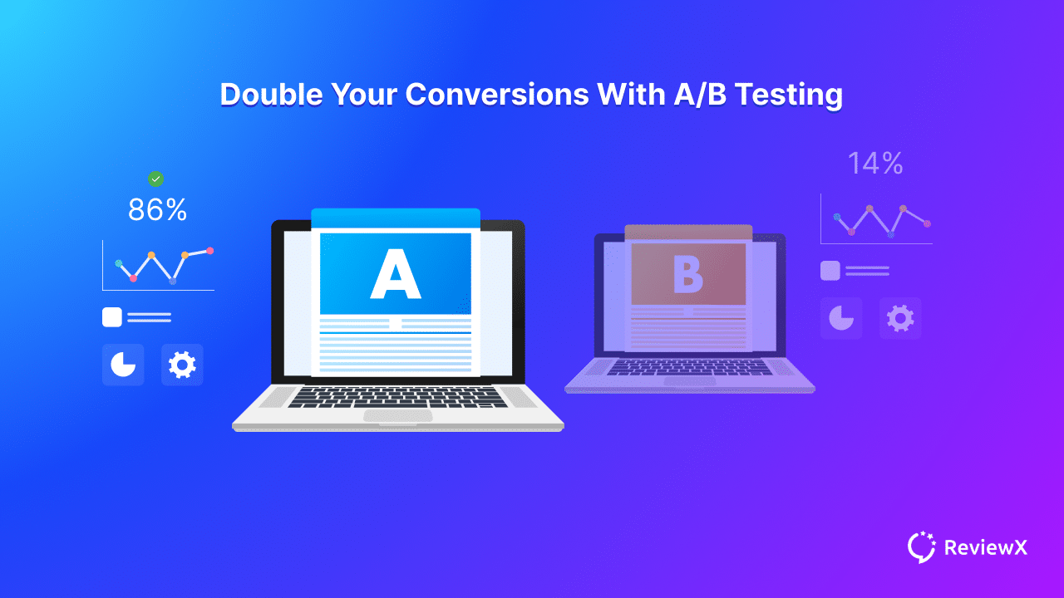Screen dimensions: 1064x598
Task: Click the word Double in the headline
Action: pyautogui.click(x=272, y=94)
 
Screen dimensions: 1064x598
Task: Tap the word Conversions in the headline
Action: pyautogui.click(x=497, y=94)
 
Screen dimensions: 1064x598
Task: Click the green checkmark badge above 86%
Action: pyautogui.click(x=155, y=179)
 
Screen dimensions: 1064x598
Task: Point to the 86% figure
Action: pyautogui.click(x=157, y=209)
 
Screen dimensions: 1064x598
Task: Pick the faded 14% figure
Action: pyautogui.click(x=875, y=164)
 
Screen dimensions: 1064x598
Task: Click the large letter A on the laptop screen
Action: pyautogui.click(x=395, y=274)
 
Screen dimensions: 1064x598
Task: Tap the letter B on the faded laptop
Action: pyautogui.click(x=688, y=274)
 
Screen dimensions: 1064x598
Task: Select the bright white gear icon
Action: pyautogui.click(x=182, y=365)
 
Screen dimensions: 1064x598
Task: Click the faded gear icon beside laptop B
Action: pyautogui.click(x=900, y=318)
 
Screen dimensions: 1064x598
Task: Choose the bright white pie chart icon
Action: pyautogui.click(x=123, y=365)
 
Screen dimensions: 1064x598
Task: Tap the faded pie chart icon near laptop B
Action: pyautogui.click(x=841, y=318)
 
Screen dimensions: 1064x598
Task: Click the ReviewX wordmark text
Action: pyautogui.click(x=986, y=547)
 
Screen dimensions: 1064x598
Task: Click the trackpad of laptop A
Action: pyautogui.click(x=398, y=416)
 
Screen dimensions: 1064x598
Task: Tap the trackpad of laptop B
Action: pyautogui.click(x=689, y=381)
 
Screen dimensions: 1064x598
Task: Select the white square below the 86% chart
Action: pyautogui.click(x=112, y=317)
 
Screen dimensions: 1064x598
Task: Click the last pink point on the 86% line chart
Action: pyautogui.click(x=210, y=251)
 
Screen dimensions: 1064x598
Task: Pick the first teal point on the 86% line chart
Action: pyautogui.click(x=119, y=263)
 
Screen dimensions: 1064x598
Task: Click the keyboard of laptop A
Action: pyautogui.click(x=397, y=397)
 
